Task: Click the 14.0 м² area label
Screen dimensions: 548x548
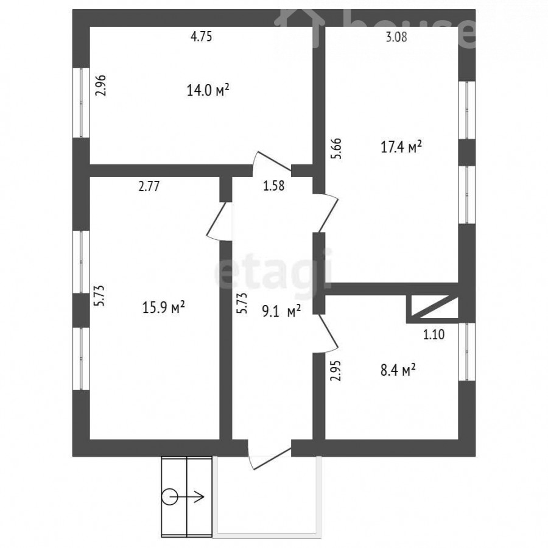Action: coord(208,91)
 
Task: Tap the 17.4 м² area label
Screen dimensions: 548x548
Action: coord(401,147)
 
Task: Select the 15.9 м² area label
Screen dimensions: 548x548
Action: coord(163,307)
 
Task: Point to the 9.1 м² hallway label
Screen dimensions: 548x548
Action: coord(281,311)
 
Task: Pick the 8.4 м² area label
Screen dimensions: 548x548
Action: coord(398,370)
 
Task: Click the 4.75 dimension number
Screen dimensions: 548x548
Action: coord(202,37)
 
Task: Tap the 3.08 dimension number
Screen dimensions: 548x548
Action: coord(396,37)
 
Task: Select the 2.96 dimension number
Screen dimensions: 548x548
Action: coord(100,86)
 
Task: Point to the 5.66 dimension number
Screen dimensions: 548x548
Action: coord(336,149)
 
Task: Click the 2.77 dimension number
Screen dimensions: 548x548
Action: coord(149,186)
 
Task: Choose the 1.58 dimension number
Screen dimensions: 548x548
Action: coord(273,186)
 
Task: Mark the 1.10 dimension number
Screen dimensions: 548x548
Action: coord(434,334)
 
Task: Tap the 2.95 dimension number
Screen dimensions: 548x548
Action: coord(335,370)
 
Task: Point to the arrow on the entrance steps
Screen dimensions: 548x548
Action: coord(187,497)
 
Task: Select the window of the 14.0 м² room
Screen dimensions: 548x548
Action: coord(81,102)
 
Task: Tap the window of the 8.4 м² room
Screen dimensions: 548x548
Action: coord(467,351)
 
